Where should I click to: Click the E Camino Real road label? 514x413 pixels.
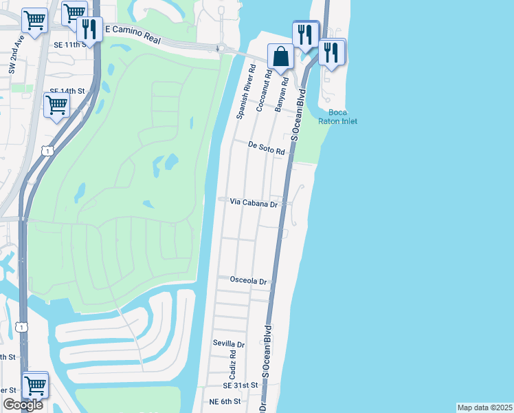[133, 36]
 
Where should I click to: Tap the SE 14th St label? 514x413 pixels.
[67, 90]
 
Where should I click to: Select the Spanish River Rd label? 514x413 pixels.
[245, 92]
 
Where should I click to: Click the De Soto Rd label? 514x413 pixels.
[266, 149]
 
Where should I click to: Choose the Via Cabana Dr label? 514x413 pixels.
[253, 204]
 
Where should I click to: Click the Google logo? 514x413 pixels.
[23, 405]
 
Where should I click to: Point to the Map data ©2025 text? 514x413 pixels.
[484, 407]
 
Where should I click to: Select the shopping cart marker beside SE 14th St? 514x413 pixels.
[56, 105]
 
